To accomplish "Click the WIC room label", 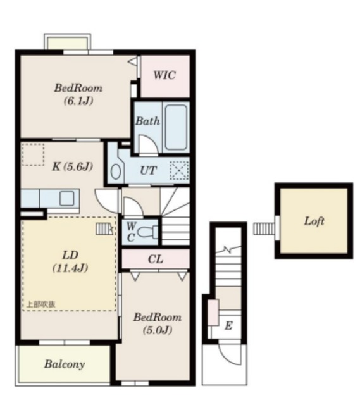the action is (x=164, y=75).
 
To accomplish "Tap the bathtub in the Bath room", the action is (x=176, y=127).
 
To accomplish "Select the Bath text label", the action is (x=147, y=121).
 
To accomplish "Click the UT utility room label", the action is (x=149, y=170).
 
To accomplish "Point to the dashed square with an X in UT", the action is (x=179, y=170).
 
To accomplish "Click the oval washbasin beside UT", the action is (x=116, y=171).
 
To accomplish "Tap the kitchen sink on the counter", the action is (x=67, y=198).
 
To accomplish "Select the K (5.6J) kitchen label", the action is (x=73, y=166).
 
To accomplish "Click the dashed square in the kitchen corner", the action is (x=33, y=154).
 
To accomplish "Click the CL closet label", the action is (x=156, y=259).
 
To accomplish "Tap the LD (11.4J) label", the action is (x=70, y=261).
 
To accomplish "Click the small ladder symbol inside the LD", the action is (x=104, y=229).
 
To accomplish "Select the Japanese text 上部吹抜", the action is (x=41, y=304).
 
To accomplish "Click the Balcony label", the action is (x=65, y=364).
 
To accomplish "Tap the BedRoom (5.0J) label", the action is (x=158, y=323).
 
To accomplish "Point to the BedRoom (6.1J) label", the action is (x=78, y=94).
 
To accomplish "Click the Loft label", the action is (x=314, y=221).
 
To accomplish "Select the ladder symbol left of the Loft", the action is (x=264, y=229).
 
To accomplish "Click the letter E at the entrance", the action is (x=228, y=326).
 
